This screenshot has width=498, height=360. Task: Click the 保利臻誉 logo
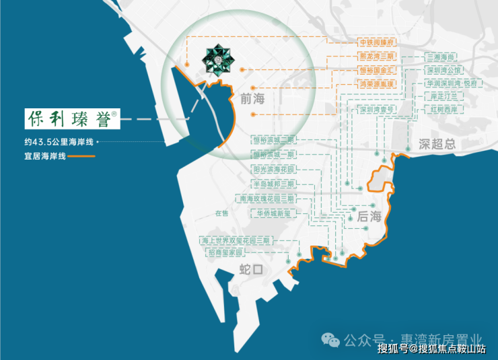pyautogui.click(x=71, y=118)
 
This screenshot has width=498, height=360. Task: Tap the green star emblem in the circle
pyautogui.click(x=220, y=59)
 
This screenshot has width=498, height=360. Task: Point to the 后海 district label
pyautogui.click(x=369, y=217)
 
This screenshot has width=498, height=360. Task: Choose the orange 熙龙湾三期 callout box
pyautogui.click(x=376, y=57)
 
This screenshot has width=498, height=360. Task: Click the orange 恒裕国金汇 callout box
pyautogui.click(x=376, y=70)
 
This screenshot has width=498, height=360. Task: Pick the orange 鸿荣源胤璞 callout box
pyautogui.click(x=376, y=84)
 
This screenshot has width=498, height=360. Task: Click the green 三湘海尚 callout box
pyautogui.click(x=442, y=58)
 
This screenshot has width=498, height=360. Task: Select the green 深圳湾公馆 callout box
pyautogui.click(x=443, y=71)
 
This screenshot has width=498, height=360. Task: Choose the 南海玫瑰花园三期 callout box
pyautogui.click(x=266, y=199)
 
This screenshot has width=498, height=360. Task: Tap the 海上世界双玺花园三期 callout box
pyautogui.click(x=235, y=240)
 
